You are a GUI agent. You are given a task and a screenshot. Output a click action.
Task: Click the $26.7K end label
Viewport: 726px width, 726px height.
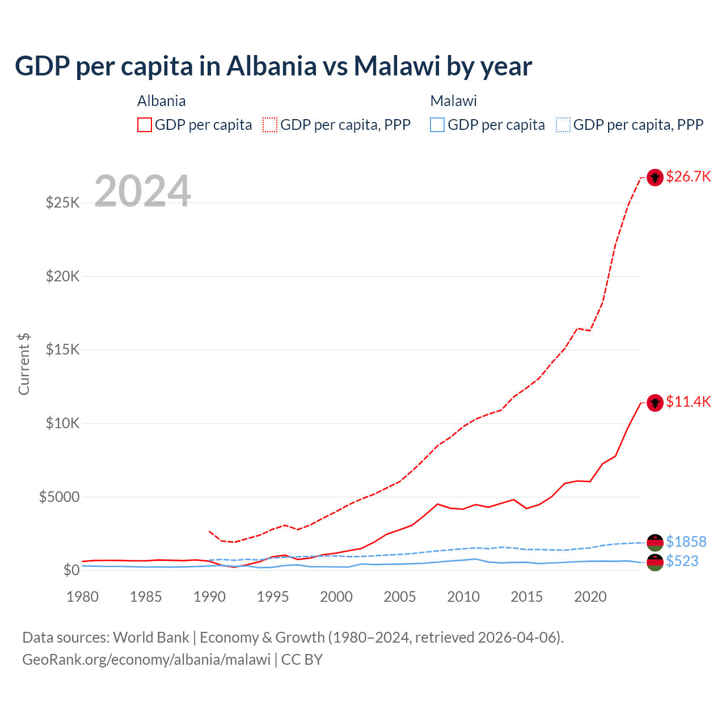(688, 176)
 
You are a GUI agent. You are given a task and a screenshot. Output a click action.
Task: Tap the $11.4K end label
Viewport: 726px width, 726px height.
(688, 402)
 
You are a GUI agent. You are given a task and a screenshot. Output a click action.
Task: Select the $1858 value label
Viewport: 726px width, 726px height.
(686, 542)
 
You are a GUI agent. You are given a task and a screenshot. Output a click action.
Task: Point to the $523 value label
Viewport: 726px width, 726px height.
(682, 561)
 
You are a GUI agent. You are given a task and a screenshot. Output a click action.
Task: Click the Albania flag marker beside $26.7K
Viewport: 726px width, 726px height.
(655, 178)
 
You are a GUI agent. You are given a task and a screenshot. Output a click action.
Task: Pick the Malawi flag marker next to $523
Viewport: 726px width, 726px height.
(655, 563)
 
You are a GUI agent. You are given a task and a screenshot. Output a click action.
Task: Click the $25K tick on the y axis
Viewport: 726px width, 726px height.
(63, 202)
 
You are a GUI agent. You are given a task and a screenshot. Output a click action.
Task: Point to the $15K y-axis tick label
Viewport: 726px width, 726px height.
(63, 349)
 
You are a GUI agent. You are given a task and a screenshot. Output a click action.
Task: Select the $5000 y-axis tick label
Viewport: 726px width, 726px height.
(60, 497)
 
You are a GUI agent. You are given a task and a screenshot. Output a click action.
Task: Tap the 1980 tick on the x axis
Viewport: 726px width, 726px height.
(83, 597)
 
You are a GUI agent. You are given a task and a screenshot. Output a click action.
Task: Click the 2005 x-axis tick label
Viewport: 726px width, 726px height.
(400, 597)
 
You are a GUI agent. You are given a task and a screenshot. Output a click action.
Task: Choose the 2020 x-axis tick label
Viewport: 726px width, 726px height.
(590, 597)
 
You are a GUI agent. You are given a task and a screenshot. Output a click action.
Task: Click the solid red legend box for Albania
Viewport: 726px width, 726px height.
(145, 125)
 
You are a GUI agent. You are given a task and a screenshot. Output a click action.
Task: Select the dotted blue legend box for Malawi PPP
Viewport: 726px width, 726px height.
(563, 125)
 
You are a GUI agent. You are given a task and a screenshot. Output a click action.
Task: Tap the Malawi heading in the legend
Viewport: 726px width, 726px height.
(453, 101)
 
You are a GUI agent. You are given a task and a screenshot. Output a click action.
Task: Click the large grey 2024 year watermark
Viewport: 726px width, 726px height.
(142, 191)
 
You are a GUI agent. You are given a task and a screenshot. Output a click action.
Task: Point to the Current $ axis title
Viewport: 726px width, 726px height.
(24, 364)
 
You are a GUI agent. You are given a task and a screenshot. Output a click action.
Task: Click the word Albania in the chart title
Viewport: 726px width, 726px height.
(272, 66)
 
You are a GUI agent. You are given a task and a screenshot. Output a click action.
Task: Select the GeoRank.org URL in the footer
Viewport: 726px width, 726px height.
(146, 660)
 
